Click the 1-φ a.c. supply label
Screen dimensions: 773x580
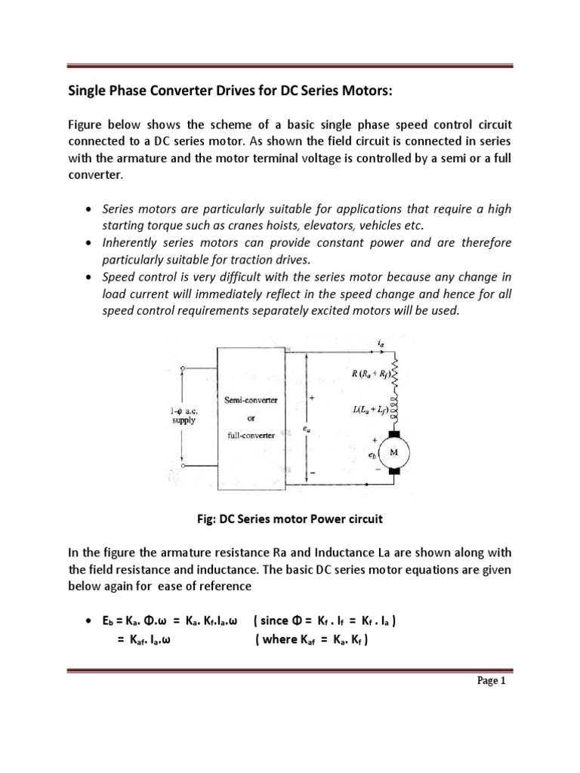pyautogui.click(x=182, y=415)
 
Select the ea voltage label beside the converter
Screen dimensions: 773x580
pyautogui.click(x=306, y=429)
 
